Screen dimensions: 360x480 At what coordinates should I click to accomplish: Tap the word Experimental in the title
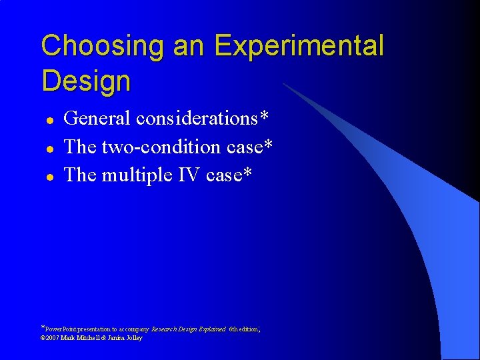tap(299, 46)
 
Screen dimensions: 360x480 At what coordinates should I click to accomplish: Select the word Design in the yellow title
tap(85, 81)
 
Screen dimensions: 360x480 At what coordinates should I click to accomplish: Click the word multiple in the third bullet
tap(140, 175)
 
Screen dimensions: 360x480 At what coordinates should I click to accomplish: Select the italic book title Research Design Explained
tap(189, 329)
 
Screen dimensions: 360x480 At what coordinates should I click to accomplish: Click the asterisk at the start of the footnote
tap(43, 328)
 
